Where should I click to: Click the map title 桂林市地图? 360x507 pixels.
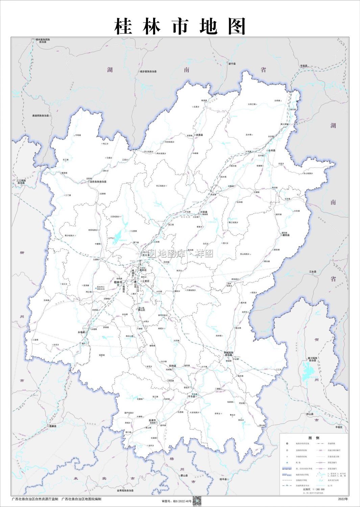pos(180,26)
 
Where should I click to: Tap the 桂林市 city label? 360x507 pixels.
pos(118,282)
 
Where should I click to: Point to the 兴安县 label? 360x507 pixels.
pos(204,212)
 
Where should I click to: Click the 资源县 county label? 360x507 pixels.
pos(199,135)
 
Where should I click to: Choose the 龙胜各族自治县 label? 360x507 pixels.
pos(98,182)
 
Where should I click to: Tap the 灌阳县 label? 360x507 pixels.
pos(286,235)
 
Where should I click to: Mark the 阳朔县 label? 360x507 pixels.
pos(172,366)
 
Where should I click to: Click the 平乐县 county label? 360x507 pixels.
pos(192,396)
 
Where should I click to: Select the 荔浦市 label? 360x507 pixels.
pos(152,420)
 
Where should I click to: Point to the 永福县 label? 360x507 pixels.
pos(81,332)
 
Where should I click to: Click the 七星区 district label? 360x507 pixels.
pos(146,281)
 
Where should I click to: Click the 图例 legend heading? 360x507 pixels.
pos(314,438)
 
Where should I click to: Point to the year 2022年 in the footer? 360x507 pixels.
pos(343,499)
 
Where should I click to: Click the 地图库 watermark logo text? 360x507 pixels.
pos(167,254)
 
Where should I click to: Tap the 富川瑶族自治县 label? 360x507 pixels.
pos(312,359)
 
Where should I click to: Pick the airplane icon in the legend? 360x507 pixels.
pos(287,462)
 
